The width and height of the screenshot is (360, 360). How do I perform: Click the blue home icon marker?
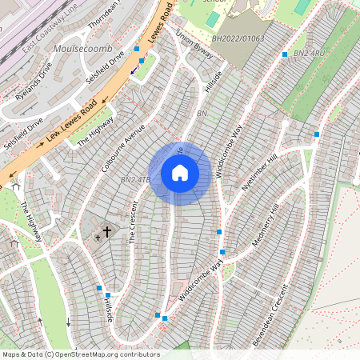tap(180, 173)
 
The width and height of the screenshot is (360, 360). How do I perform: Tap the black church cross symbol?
tap(106, 232)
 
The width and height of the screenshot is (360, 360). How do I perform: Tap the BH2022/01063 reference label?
tap(238, 38)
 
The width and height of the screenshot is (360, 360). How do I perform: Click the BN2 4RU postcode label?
tap(309, 53)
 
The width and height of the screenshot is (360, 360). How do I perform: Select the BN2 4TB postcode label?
tap(135, 180)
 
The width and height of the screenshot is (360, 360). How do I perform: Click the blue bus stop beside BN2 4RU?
tap(284, 54)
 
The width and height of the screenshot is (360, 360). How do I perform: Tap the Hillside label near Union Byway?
tap(212, 81)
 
